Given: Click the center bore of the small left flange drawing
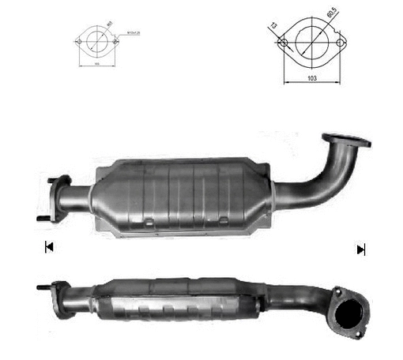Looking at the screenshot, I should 97,40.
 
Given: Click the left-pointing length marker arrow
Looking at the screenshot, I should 49,248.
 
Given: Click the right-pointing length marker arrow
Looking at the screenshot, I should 361,249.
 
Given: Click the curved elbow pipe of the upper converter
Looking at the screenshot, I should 316,178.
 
